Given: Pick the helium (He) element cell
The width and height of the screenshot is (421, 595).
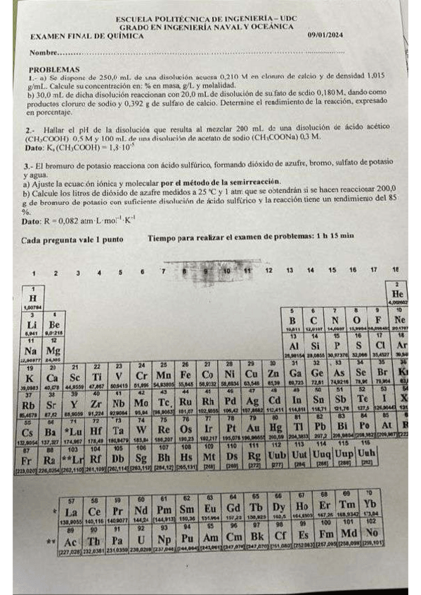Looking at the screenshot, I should (x=396, y=293).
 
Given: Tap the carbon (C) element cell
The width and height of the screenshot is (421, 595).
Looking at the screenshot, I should (x=315, y=319).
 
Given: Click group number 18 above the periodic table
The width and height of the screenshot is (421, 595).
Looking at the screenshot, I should (x=396, y=269).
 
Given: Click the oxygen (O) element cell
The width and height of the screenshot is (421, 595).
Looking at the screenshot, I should (x=357, y=319).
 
